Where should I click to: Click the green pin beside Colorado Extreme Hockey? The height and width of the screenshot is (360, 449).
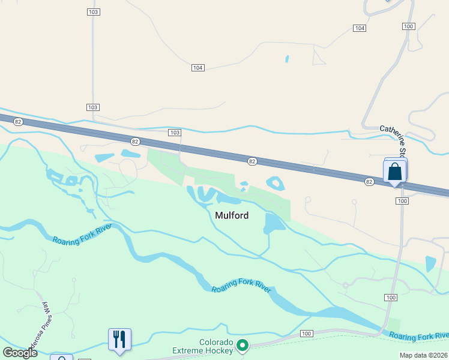pyautogui.click(x=243, y=344)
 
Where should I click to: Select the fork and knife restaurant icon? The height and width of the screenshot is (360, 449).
pyautogui.click(x=119, y=339)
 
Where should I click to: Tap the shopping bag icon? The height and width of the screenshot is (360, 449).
pyautogui.click(x=395, y=171)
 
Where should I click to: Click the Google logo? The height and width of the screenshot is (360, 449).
pyautogui.click(x=20, y=353)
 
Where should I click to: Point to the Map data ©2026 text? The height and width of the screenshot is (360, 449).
pyautogui.click(x=423, y=355)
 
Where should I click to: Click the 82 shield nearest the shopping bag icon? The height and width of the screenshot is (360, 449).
pyautogui.click(x=369, y=181)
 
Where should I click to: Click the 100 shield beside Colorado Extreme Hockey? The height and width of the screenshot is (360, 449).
pyautogui.click(x=307, y=334)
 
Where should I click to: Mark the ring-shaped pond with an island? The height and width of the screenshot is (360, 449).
pyautogui.click(x=276, y=182)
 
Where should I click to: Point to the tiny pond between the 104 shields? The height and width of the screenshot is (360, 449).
pyautogui.click(x=287, y=59)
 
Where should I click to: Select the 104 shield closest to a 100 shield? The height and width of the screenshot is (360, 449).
pyautogui.click(x=360, y=28)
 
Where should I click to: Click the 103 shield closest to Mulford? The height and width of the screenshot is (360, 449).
pyautogui.click(x=175, y=132)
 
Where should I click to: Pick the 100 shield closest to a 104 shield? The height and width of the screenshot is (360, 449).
pyautogui.click(x=408, y=26)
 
